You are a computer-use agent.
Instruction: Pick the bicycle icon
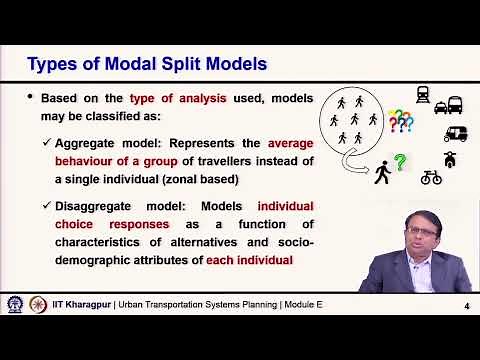coord(431,178)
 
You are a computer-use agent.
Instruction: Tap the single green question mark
coord(400,161)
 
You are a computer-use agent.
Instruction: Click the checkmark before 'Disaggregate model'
coord(47,206)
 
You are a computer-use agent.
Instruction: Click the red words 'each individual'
coord(249,260)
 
